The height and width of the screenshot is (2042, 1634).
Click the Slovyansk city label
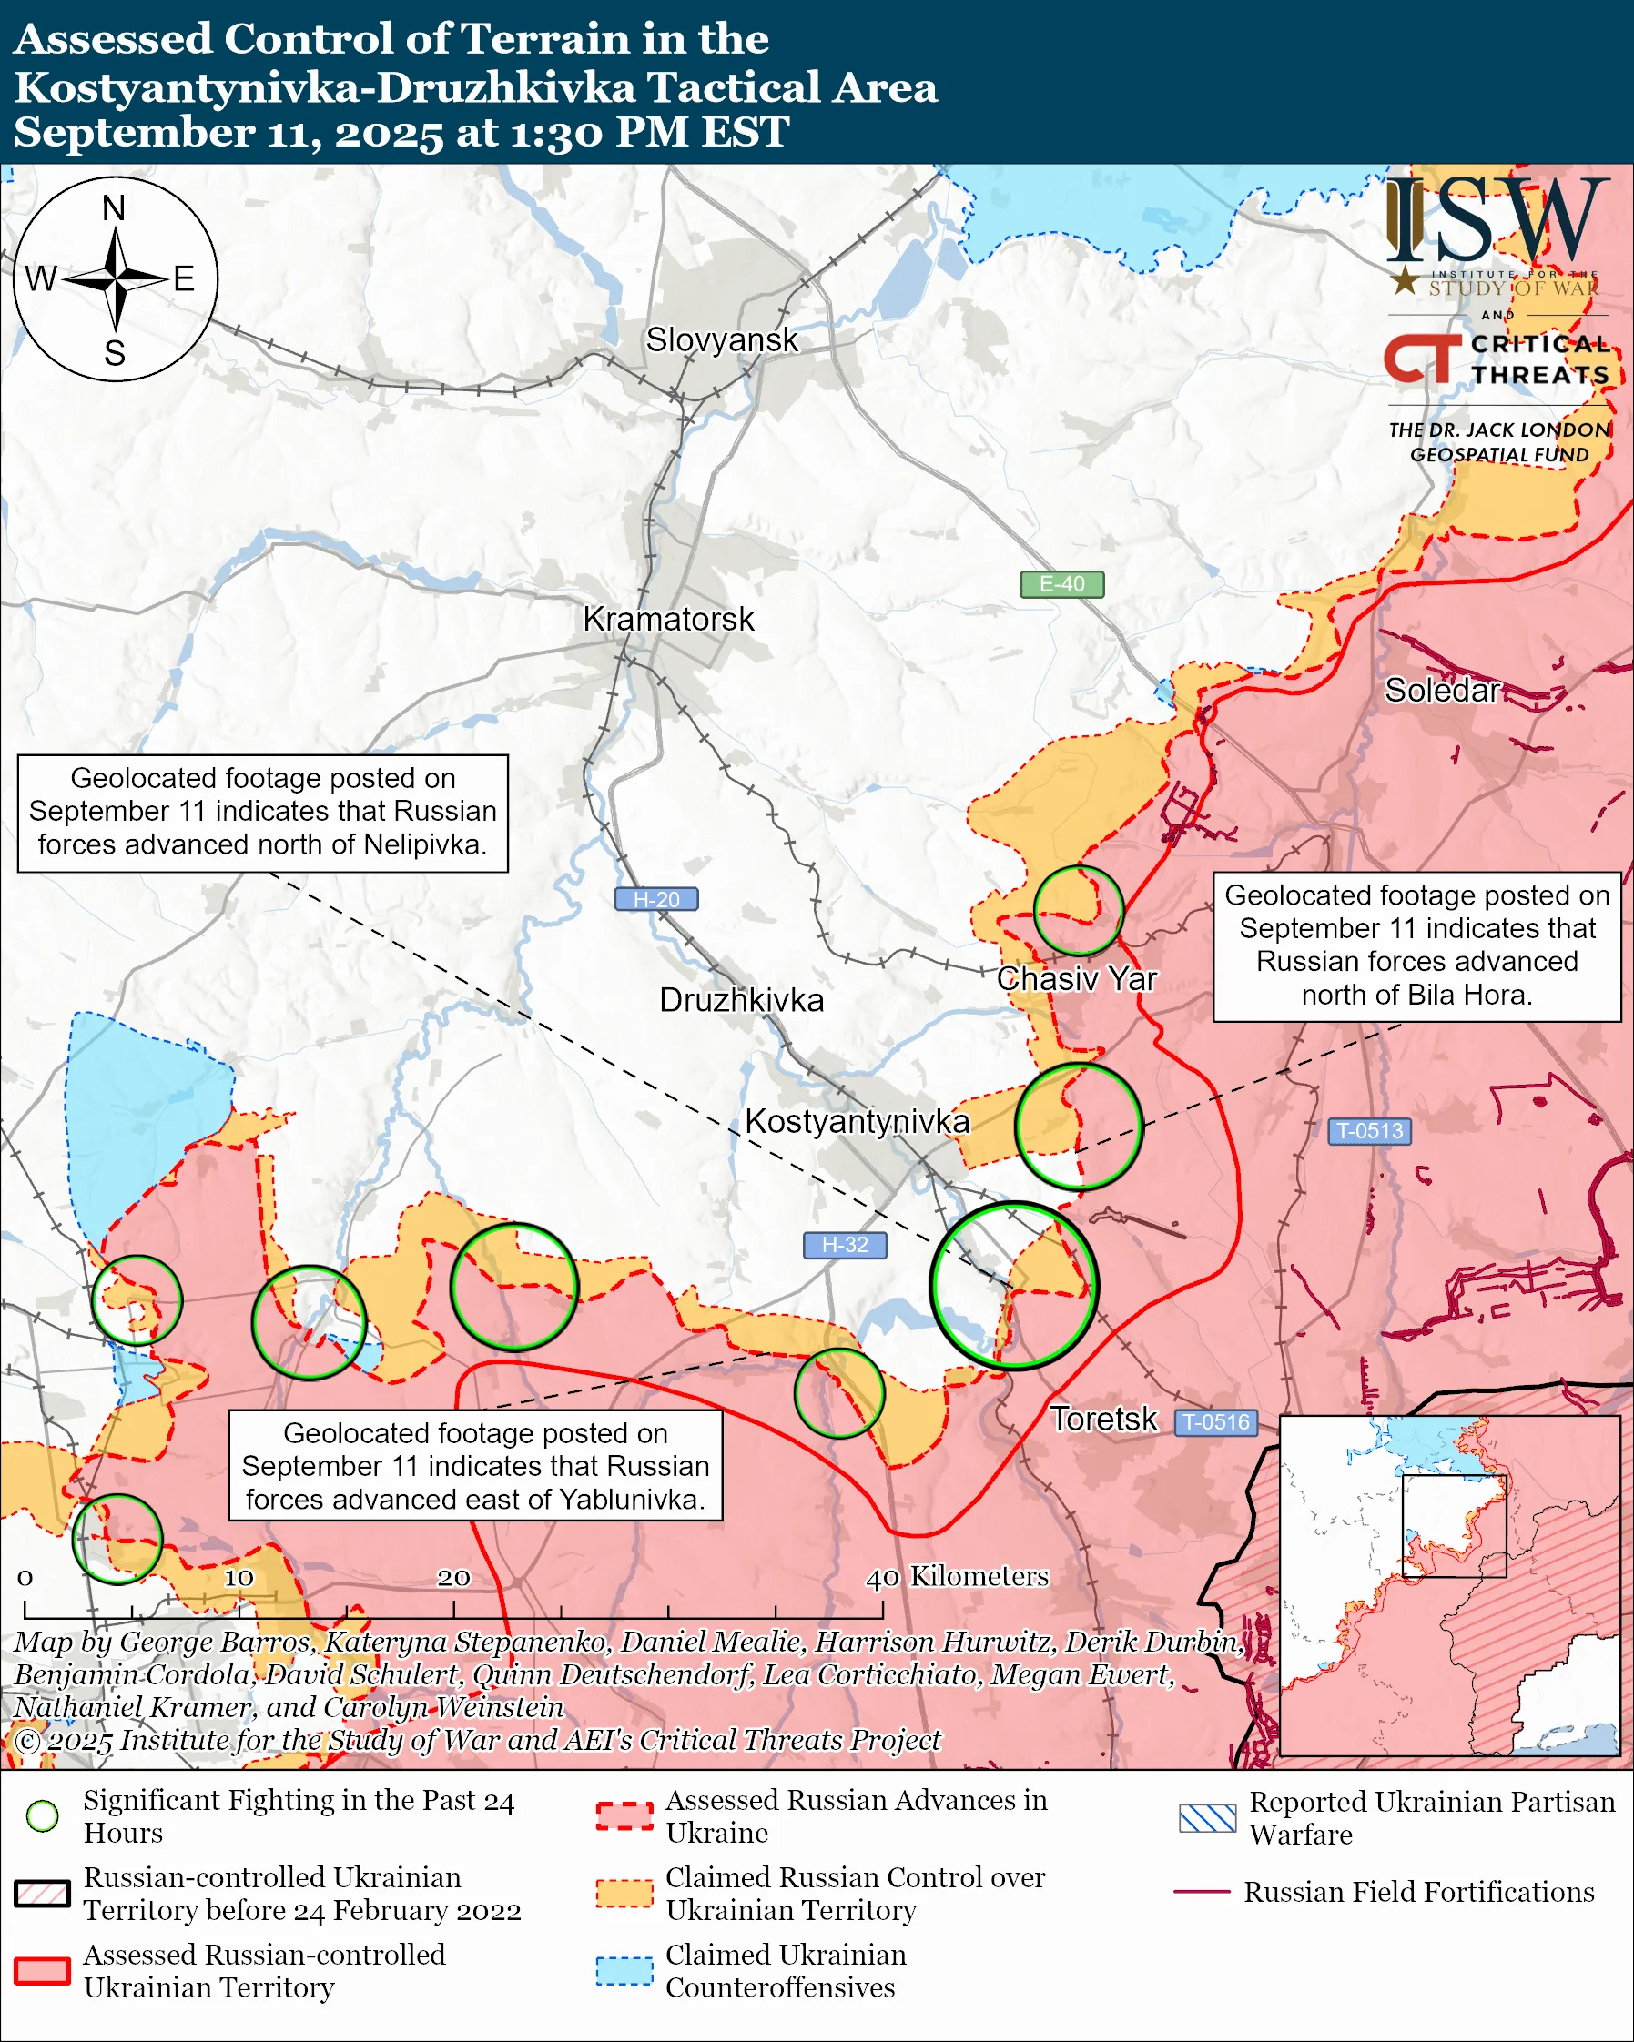point(722,340)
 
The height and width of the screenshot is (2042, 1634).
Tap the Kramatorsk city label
point(668,620)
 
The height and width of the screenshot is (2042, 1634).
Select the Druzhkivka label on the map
point(741,1000)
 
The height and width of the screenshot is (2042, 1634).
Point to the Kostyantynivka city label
point(857,1121)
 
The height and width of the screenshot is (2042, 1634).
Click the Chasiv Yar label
point(1076,978)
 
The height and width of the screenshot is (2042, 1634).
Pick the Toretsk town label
point(1103,1419)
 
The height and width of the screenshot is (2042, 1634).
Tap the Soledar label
point(1442,691)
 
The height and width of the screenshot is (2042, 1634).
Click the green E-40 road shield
point(1061,584)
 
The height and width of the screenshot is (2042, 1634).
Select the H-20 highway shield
point(656,899)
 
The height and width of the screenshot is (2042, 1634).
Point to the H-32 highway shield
point(845,1245)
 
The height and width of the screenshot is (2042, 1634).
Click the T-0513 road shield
point(1369,1131)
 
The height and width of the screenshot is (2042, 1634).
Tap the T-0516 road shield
point(1217,1421)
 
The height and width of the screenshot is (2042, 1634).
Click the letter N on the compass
point(114,207)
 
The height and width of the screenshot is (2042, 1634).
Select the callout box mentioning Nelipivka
point(262,813)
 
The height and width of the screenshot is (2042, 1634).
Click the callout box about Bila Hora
point(1416,945)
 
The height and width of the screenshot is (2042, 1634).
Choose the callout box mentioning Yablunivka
point(474,1465)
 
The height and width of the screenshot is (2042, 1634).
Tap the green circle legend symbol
point(43,1815)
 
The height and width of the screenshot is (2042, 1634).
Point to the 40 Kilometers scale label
point(957,1577)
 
